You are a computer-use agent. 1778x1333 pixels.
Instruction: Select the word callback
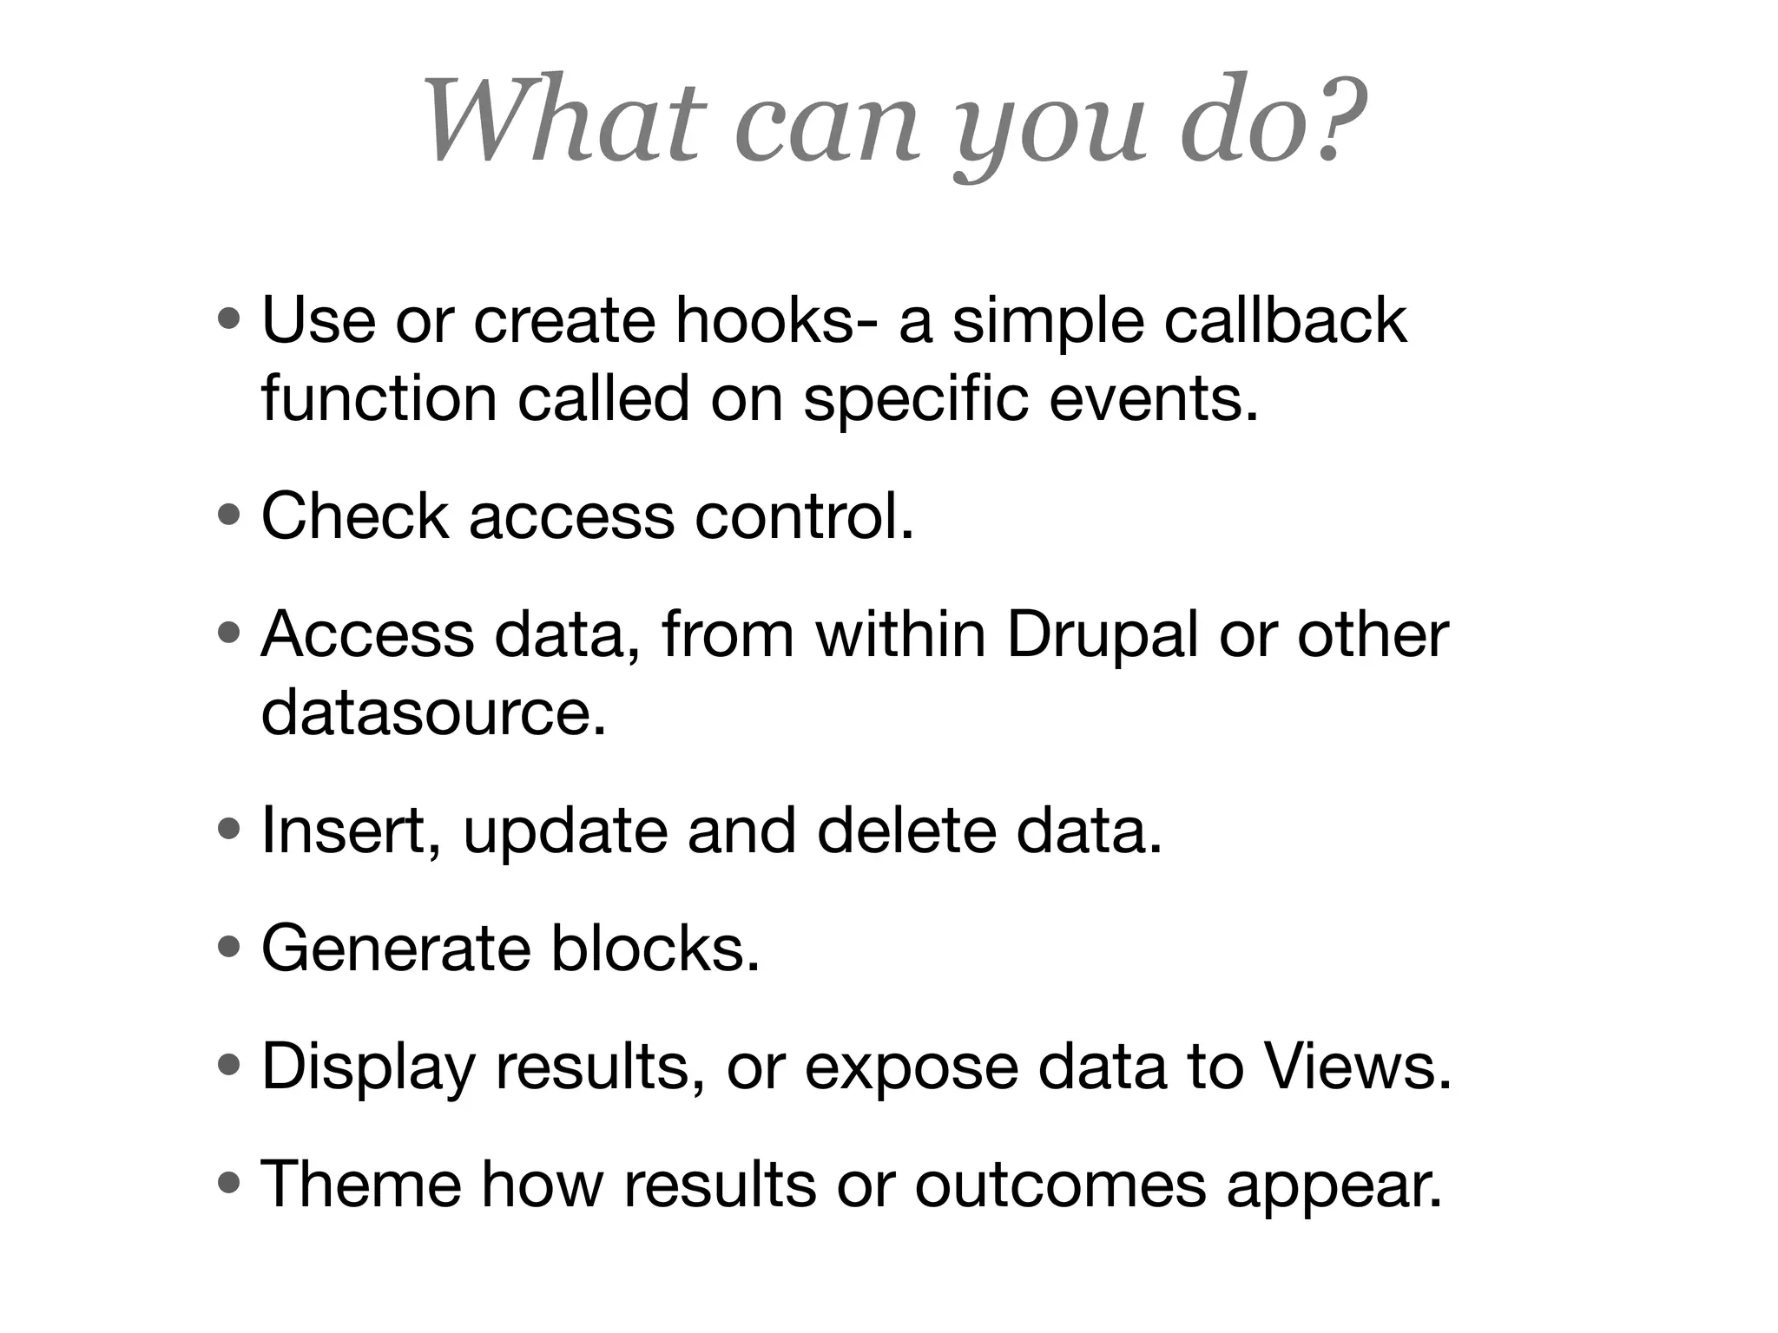tap(1285, 320)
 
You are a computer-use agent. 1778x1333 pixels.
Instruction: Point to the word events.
tap(1153, 398)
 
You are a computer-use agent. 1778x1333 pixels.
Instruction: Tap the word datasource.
tap(432, 712)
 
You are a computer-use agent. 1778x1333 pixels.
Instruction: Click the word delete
tap(906, 831)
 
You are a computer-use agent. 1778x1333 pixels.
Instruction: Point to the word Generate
tap(396, 949)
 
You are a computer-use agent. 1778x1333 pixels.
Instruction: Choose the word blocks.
tap(655, 949)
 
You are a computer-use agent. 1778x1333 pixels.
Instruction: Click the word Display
tap(369, 1067)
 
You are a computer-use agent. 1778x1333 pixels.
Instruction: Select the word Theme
tap(361, 1185)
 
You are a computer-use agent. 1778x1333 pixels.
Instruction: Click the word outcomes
tap(1060, 1185)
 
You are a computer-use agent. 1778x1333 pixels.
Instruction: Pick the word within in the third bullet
tap(900, 634)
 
